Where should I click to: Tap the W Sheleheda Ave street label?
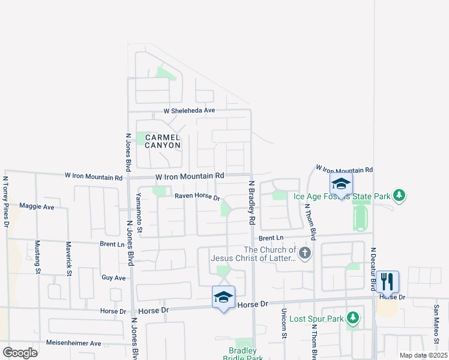click(x=189, y=111)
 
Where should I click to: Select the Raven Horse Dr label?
click(x=197, y=196)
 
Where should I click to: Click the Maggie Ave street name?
click(x=37, y=206)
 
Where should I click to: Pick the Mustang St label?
click(x=37, y=257)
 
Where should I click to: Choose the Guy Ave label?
click(x=113, y=278)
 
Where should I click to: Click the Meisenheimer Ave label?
click(x=74, y=343)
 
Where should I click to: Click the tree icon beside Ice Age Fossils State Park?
click(x=399, y=196)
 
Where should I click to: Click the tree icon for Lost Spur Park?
click(x=354, y=318)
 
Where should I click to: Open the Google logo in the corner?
click(x=20, y=353)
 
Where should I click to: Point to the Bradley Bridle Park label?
click(x=243, y=354)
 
